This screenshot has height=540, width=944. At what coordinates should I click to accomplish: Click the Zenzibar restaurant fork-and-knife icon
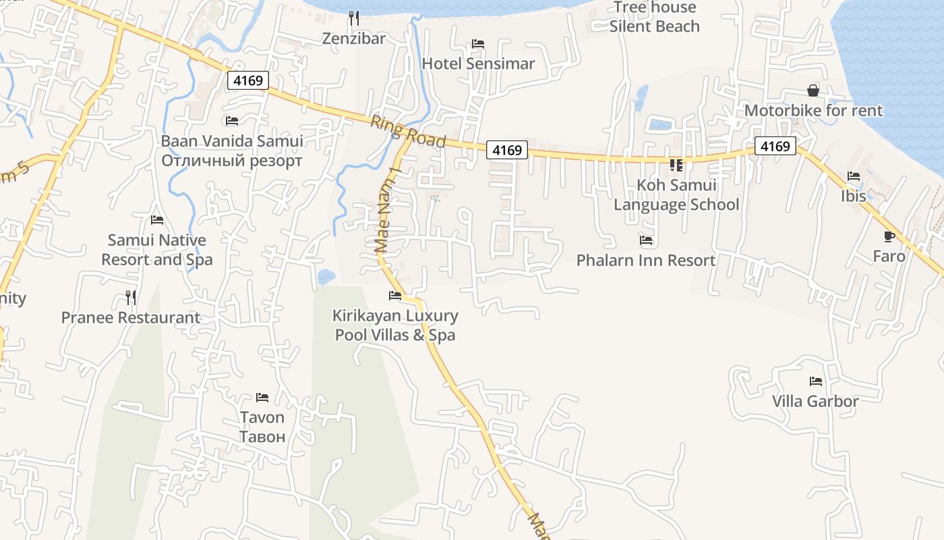pyautogui.click(x=354, y=18)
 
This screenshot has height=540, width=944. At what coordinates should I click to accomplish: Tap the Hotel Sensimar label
pyautogui.click(x=478, y=63)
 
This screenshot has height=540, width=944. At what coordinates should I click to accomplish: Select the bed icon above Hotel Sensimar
pyautogui.click(x=478, y=44)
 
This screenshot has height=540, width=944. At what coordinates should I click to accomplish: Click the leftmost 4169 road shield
pyautogui.click(x=248, y=81)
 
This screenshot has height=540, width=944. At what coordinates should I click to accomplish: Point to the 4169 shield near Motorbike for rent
pyautogui.click(x=775, y=146)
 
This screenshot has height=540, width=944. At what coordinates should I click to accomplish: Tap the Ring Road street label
pyautogui.click(x=407, y=131)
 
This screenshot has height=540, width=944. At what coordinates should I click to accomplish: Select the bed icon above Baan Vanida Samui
pyautogui.click(x=232, y=121)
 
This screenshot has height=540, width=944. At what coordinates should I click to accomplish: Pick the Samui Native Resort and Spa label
pyautogui.click(x=157, y=250)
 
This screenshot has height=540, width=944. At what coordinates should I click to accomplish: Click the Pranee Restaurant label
pyautogui.click(x=131, y=317)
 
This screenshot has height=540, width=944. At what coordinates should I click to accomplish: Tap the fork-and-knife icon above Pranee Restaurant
pyautogui.click(x=131, y=297)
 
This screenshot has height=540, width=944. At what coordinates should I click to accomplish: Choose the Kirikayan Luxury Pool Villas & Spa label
pyautogui.click(x=395, y=325)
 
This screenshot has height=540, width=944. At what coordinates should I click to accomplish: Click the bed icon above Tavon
pyautogui.click(x=262, y=398)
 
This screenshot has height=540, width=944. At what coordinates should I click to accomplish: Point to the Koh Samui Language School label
pyautogui.click(x=676, y=194)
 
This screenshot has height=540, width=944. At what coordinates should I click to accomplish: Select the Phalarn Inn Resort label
pyautogui.click(x=646, y=260)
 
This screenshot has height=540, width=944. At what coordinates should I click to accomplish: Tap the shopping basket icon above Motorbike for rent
pyautogui.click(x=813, y=90)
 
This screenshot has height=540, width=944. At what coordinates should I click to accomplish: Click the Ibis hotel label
pyautogui.click(x=853, y=196)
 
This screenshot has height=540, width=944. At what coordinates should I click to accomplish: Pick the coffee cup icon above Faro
pyautogui.click(x=889, y=236)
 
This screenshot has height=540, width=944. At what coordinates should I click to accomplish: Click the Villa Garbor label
pyautogui.click(x=815, y=401)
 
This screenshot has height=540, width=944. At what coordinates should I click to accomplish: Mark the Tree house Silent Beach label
pyautogui.click(x=654, y=17)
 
